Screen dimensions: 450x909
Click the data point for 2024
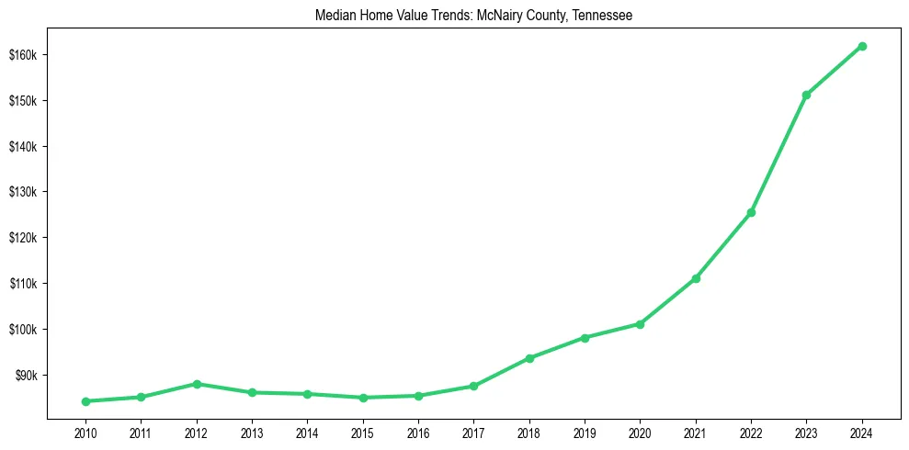pos(862,46)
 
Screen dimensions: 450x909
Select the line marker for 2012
pos(197,384)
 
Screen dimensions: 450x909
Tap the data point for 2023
pos(806,96)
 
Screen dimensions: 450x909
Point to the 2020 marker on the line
pos(640,324)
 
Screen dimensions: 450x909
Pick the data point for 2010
pos(85,401)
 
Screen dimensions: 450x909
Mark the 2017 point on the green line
pos(473,387)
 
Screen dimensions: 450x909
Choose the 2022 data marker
pos(751,213)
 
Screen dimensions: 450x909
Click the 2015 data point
pos(363,398)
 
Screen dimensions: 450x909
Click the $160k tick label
pos(22,55)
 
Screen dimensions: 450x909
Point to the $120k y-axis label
pos(22,238)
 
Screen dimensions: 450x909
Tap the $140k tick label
pos(22,147)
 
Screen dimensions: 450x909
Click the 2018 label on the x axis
pos(529,433)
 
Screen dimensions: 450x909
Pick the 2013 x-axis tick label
pos(252,433)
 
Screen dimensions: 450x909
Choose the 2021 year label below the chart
pos(696,433)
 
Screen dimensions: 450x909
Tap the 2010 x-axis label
pos(85,433)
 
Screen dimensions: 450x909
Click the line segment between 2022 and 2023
pos(778,154)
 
